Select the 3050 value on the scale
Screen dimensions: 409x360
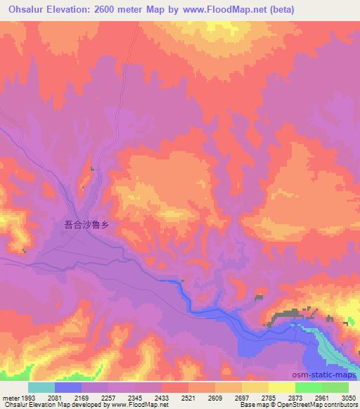pyautogui.click(x=349, y=398)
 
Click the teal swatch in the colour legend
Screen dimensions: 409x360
pyautogui.click(x=41, y=387)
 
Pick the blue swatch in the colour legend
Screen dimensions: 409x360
pyautogui.click(x=69, y=387)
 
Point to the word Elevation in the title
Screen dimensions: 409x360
pyautogui.click(x=70, y=9)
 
